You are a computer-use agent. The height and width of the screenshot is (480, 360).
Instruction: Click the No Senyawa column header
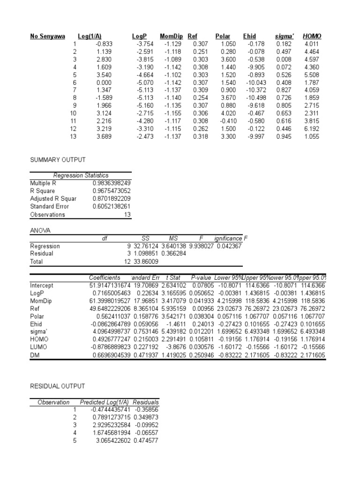click(x=47, y=36)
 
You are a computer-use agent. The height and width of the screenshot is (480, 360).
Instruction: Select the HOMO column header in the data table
click(x=312, y=36)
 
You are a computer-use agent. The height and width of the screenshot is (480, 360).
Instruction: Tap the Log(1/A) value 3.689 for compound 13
click(x=105, y=136)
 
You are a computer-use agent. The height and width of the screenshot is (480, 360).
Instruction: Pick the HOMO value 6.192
click(x=312, y=128)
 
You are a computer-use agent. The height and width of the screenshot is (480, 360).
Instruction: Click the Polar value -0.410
click(x=224, y=121)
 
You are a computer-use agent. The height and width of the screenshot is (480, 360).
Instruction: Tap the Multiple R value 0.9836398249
click(x=112, y=183)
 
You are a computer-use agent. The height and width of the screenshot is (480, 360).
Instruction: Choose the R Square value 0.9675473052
click(x=112, y=191)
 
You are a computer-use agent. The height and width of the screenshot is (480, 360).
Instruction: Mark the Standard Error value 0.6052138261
click(x=112, y=207)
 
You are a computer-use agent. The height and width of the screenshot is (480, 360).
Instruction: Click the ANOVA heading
click(x=40, y=231)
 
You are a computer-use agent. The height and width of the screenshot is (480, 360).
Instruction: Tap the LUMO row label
click(x=38, y=347)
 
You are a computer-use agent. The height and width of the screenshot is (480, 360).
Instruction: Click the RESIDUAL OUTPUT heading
click(x=57, y=386)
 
